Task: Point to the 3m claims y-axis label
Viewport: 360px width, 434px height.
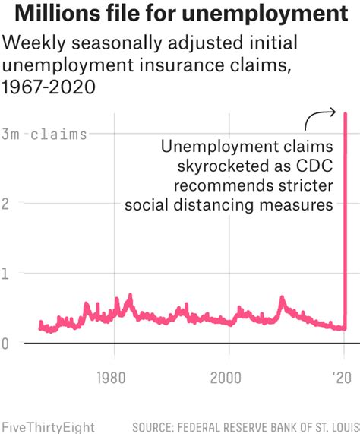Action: pyautogui.click(x=44, y=135)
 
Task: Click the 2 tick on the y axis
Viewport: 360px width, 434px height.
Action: pyautogui.click(x=5, y=204)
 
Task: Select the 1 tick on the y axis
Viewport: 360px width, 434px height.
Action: pyautogui.click(x=5, y=274)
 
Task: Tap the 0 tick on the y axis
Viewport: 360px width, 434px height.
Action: pyautogui.click(x=5, y=344)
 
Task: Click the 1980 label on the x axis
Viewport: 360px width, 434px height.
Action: pyautogui.click(x=112, y=378)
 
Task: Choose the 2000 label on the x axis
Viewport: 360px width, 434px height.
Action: pyautogui.click(x=227, y=378)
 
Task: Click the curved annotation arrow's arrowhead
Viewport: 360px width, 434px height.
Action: pyautogui.click(x=335, y=112)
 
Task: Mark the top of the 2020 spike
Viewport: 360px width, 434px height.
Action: pyautogui.click(x=346, y=115)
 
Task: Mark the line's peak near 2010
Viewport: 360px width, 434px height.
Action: pyautogui.click(x=282, y=298)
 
